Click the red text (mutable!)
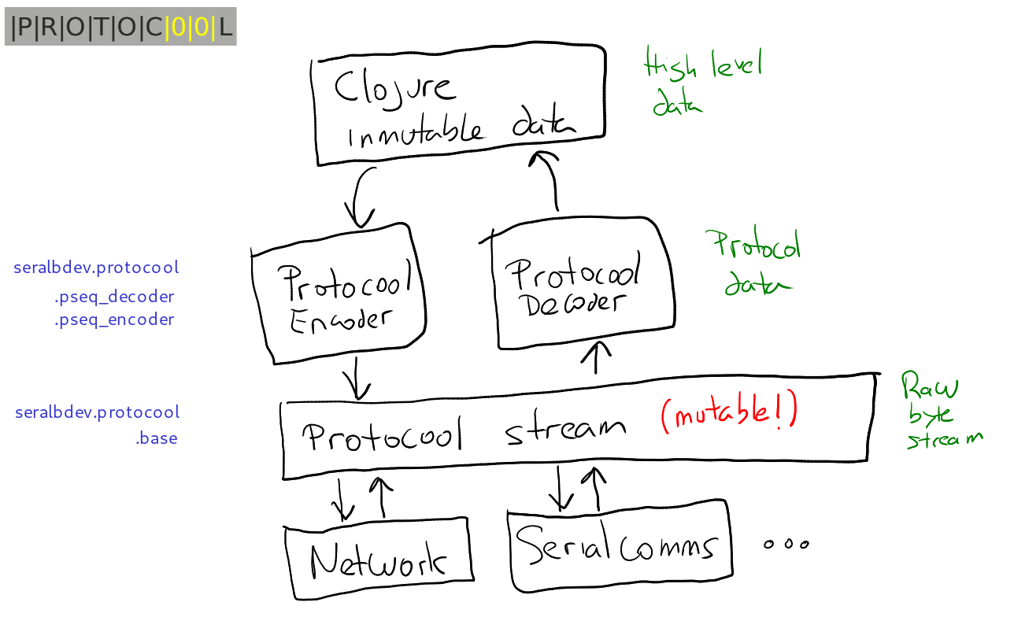pos(729,415)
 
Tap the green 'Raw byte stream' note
pos(939,411)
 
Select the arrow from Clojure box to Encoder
pos(361,197)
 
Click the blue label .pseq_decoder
pos(114,297)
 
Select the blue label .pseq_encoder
pos(114,320)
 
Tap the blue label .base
pos(156,438)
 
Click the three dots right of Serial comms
pos(786,544)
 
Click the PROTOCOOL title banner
pos(120,28)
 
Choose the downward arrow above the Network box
pos(342,500)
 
